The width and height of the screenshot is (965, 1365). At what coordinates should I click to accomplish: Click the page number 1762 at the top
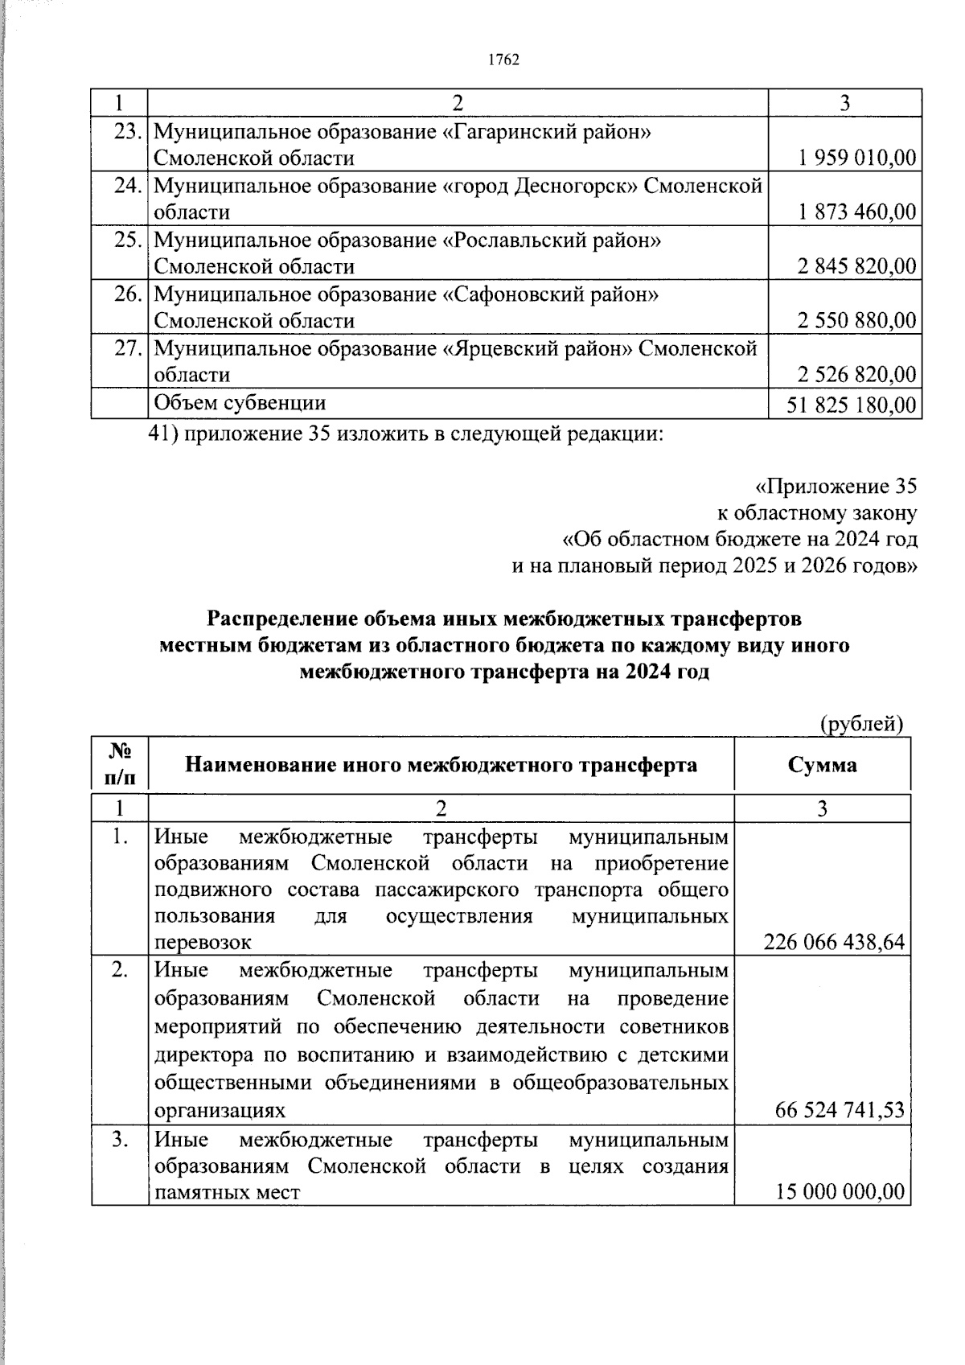click(504, 60)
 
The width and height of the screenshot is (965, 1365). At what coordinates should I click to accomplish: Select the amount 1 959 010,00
click(857, 158)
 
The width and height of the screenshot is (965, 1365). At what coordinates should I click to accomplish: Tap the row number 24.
click(128, 186)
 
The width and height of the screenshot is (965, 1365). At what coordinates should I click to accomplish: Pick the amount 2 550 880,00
click(857, 320)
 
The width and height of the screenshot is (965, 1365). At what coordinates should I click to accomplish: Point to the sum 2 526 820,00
click(857, 375)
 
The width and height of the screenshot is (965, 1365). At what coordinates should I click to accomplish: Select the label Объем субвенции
click(240, 403)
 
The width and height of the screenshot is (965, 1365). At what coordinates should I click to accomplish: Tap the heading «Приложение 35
click(836, 487)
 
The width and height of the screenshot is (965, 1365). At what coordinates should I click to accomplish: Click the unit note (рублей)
click(861, 724)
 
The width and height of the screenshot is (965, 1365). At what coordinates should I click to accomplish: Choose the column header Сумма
click(822, 764)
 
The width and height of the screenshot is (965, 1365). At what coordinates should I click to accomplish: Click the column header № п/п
click(120, 764)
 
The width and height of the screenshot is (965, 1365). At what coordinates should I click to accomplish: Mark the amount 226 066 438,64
click(834, 942)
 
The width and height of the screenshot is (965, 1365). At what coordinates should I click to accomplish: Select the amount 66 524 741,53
click(840, 1111)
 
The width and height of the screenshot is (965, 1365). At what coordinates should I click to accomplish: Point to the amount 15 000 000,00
click(840, 1191)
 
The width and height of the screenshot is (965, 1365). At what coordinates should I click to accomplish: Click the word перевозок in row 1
click(203, 943)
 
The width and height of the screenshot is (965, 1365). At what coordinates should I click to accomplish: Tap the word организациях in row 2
click(220, 1112)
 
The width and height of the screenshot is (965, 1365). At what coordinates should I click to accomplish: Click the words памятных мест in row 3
click(227, 1192)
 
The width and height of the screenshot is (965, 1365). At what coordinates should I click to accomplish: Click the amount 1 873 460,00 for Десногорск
click(857, 212)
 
